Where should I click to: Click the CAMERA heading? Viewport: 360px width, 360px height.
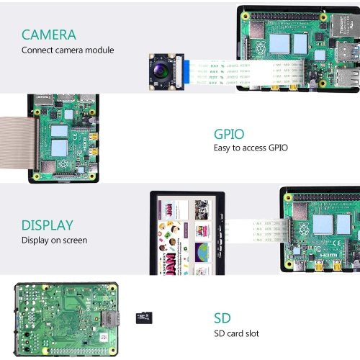click(x=48, y=34)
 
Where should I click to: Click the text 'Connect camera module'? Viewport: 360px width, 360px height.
click(x=67, y=50)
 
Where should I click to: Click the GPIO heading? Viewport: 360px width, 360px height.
click(x=229, y=134)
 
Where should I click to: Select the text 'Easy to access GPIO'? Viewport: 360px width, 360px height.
click(x=251, y=148)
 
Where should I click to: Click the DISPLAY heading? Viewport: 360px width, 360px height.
click(x=47, y=225)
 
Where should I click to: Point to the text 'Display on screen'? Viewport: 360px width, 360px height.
click(x=54, y=240)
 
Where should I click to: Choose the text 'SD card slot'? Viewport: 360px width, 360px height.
click(x=236, y=333)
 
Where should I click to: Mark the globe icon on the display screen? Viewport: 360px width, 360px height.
click(x=202, y=251)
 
